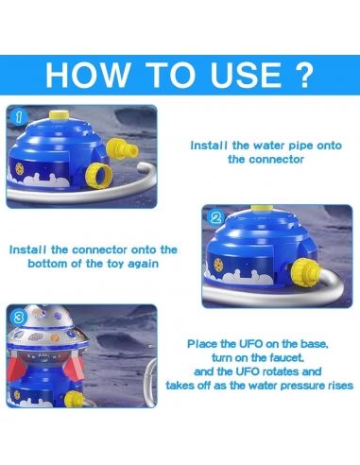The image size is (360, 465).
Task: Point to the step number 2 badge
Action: tap(216, 216)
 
